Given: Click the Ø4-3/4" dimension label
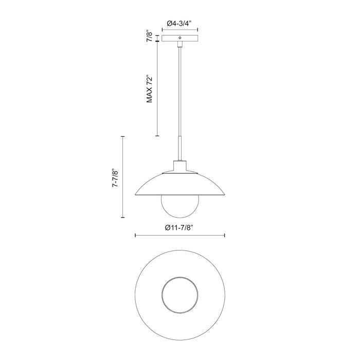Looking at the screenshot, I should [179, 23].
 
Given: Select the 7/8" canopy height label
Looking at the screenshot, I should [149, 37].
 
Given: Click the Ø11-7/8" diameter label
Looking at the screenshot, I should [179, 228].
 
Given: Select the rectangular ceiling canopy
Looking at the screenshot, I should [179, 39].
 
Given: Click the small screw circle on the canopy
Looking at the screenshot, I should [179, 38].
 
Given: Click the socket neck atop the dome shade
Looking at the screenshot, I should [179, 167].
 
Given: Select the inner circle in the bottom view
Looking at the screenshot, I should [179, 296].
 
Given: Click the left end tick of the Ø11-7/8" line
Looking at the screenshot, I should [135, 236].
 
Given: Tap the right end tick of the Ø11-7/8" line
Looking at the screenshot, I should [224, 236].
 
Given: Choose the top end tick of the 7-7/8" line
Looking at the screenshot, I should [122, 136].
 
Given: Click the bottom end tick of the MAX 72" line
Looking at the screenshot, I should [157, 136].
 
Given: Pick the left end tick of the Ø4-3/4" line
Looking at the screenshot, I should [162, 30].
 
